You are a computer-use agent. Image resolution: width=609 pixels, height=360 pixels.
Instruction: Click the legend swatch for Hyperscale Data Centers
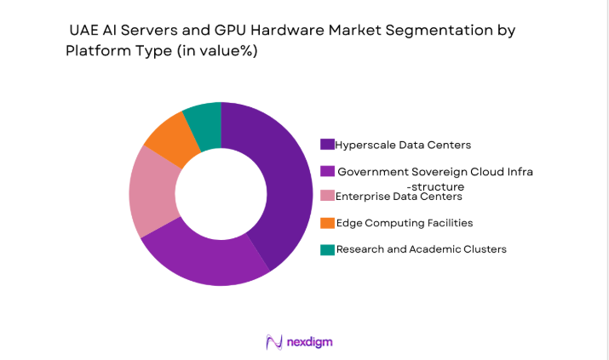[327, 145]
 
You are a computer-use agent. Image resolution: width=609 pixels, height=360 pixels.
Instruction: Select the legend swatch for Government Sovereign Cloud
[327, 171]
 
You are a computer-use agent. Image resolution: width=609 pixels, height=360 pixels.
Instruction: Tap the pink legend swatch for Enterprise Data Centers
[327, 197]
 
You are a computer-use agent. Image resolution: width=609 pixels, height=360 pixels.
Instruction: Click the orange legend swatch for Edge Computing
[327, 223]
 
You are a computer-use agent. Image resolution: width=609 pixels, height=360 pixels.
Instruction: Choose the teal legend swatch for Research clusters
[327, 249]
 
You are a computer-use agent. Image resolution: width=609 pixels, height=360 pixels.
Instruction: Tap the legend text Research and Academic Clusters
[422, 249]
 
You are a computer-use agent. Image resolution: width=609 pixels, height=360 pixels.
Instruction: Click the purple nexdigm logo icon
[274, 341]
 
